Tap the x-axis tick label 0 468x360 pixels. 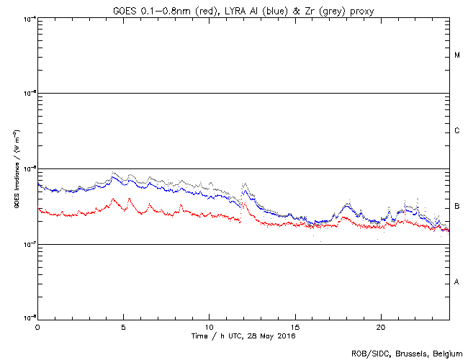pyautogui.click(x=37, y=326)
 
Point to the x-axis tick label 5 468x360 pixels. pyautogui.click(x=123, y=326)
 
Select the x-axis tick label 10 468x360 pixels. pyautogui.click(x=209, y=326)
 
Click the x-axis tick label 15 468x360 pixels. pyautogui.click(x=294, y=326)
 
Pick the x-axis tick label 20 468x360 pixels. pyautogui.click(x=380, y=326)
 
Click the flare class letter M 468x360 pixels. pyautogui.click(x=457, y=55)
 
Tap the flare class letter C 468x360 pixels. pyautogui.click(x=457, y=131)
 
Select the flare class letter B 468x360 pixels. pyautogui.click(x=457, y=207)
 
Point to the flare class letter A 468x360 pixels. pyautogui.click(x=457, y=282)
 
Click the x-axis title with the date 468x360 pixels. pyautogui.click(x=243, y=336)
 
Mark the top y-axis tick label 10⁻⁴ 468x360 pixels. pyautogui.click(x=30, y=18)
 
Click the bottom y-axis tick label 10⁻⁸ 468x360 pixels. pyautogui.click(x=30, y=317)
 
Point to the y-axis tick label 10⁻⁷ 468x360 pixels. pyautogui.click(x=30, y=243)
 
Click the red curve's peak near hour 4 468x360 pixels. pyautogui.click(x=111, y=198)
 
